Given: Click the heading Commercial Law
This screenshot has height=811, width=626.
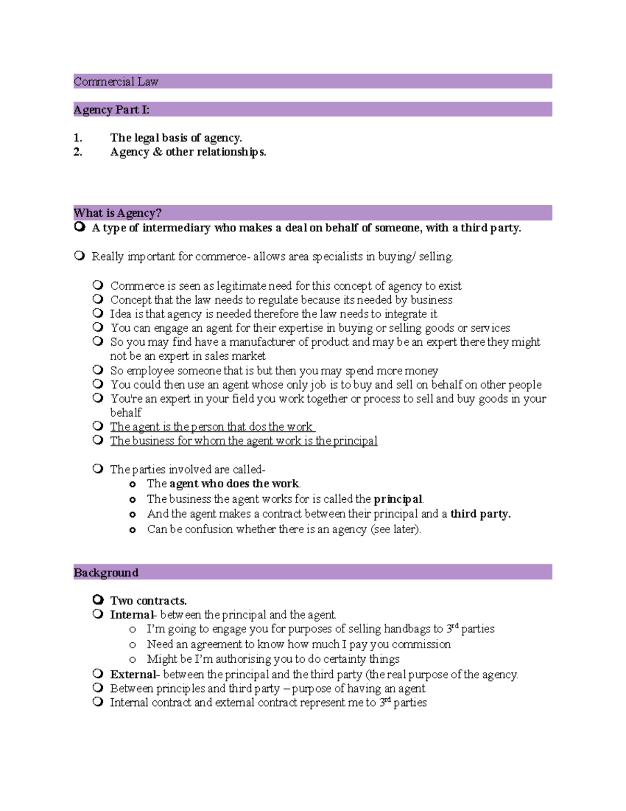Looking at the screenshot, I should tap(116, 81).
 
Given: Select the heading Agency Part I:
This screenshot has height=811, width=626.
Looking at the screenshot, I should tap(112, 110).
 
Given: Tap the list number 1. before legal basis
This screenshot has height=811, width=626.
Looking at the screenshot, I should tap(78, 138).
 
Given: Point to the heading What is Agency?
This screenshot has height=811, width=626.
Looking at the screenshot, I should tap(117, 213).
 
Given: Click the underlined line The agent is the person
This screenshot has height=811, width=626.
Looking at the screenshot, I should tap(211, 427).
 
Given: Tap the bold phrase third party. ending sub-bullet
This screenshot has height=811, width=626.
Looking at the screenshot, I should tap(480, 514).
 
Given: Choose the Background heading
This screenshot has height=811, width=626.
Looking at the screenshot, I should tap(106, 572).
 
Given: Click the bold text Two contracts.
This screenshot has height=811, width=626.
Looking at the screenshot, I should tap(148, 601).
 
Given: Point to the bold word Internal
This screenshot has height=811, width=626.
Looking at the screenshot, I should tap(131, 615).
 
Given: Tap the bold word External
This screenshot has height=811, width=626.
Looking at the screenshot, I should tap(133, 674).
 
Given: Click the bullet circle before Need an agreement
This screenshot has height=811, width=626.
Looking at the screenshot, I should tap(133, 645).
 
